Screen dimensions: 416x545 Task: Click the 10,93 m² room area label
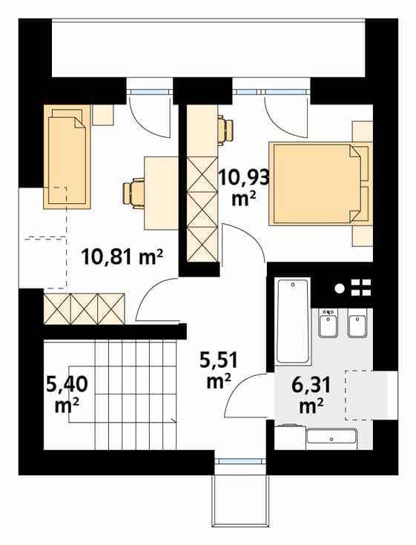tap(244, 188)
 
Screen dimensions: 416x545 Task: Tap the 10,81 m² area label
tap(122, 257)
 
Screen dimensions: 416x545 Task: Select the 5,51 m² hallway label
tap(219, 370)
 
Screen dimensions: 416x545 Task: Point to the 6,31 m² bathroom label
tap(311, 396)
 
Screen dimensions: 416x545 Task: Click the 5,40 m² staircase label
tap(67, 394)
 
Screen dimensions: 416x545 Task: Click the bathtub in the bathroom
tap(292, 321)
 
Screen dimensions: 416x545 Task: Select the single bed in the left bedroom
tap(67, 156)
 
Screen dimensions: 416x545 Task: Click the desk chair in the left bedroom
tap(133, 193)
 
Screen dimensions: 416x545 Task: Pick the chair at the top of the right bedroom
tap(225, 130)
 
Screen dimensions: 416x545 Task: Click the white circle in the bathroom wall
tap(339, 288)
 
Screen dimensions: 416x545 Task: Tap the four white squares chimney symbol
tap(361, 288)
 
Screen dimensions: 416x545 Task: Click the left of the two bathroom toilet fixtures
tap(328, 323)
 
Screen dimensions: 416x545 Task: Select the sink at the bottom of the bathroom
tap(331, 439)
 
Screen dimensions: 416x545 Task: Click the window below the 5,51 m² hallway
tap(240, 461)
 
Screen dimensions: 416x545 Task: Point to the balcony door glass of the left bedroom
tap(150, 92)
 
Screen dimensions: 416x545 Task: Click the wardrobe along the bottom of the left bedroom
tap(84, 309)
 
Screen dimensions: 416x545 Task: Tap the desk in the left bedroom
tap(162, 193)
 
